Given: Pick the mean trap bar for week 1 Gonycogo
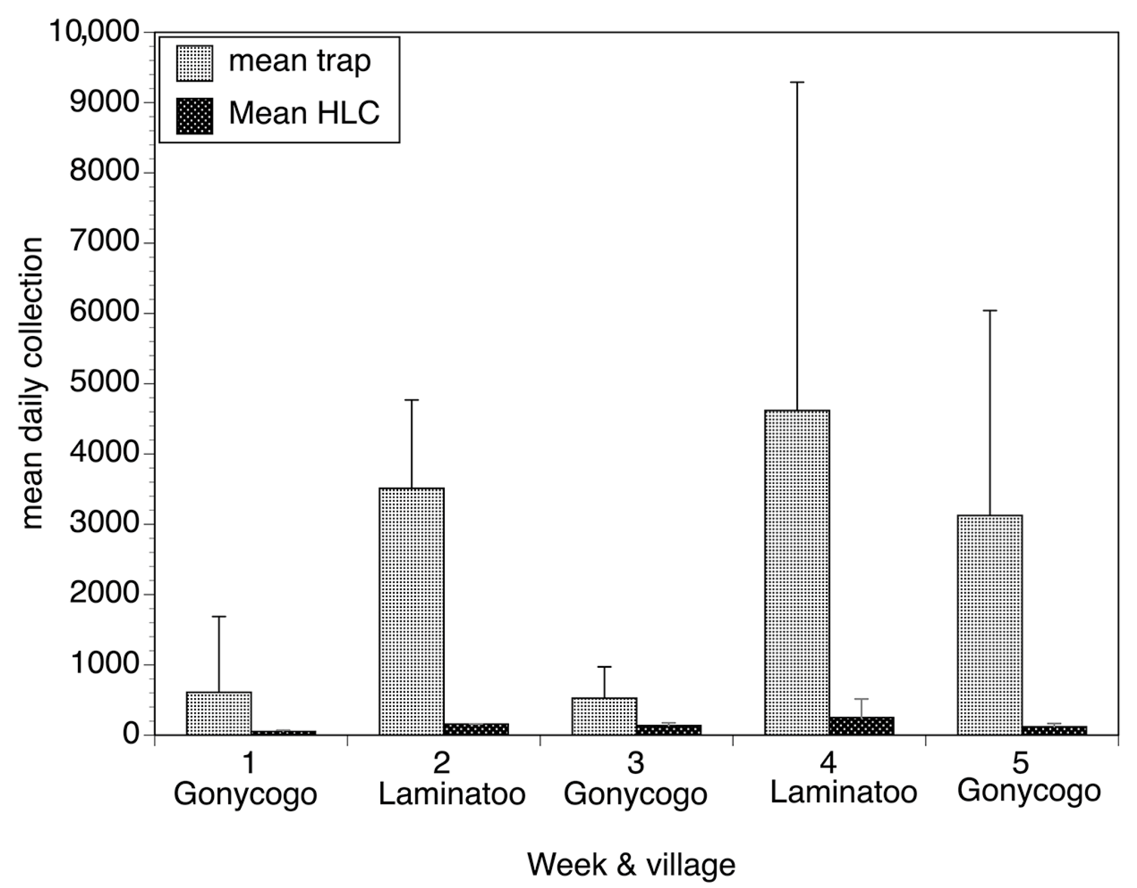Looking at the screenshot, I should [219, 714].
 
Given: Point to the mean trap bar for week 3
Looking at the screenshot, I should [604, 716].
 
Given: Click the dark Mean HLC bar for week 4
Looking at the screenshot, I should [861, 726].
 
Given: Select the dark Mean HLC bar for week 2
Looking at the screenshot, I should [476, 729].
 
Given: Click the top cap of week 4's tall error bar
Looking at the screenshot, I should [797, 82].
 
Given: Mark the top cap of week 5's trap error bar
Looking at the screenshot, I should [989, 311].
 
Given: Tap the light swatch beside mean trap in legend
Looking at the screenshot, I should [195, 63].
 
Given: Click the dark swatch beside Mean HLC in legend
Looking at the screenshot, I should [195, 116].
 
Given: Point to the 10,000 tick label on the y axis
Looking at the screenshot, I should [94, 32].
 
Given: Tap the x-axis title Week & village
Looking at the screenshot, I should [631, 864].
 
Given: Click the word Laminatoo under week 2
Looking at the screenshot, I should [452, 794].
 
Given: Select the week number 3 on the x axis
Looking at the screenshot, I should [635, 764].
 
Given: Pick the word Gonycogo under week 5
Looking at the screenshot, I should [1029, 791].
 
